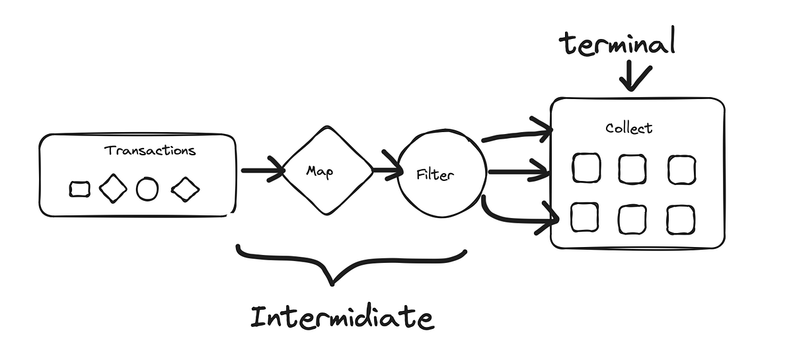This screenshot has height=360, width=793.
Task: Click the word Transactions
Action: click(150, 150)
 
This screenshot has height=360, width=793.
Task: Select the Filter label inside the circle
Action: click(437, 176)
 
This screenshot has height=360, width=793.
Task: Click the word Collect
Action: click(628, 127)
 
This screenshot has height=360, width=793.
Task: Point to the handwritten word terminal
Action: click(617, 44)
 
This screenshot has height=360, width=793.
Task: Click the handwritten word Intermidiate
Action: click(342, 317)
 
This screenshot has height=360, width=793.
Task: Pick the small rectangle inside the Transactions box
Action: click(80, 190)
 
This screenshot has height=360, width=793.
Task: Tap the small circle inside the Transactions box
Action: click(147, 190)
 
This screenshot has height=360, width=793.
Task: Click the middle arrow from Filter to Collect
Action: click(518, 173)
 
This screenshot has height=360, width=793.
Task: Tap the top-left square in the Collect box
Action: click(586, 168)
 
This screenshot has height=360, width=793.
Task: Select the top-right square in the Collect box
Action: click(681, 170)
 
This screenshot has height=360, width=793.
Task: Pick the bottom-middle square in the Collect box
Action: click(632, 219)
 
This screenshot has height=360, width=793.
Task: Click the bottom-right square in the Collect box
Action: click(680, 219)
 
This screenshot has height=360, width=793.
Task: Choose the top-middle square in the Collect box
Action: click(632, 170)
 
